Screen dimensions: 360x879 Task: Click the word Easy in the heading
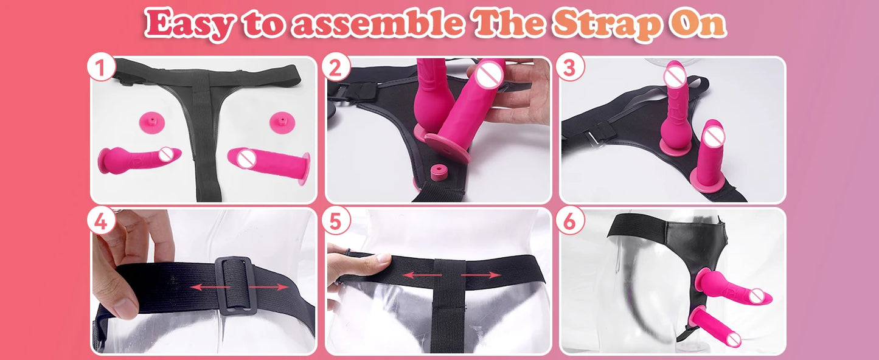tap(190, 25)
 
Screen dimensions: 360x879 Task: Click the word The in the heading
tap(509, 25)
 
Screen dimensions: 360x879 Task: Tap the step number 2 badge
tap(336, 68)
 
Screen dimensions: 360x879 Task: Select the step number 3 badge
tap(569, 68)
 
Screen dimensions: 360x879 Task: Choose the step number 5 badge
tap(336, 221)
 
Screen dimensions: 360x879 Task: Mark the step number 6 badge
tap(569, 221)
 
